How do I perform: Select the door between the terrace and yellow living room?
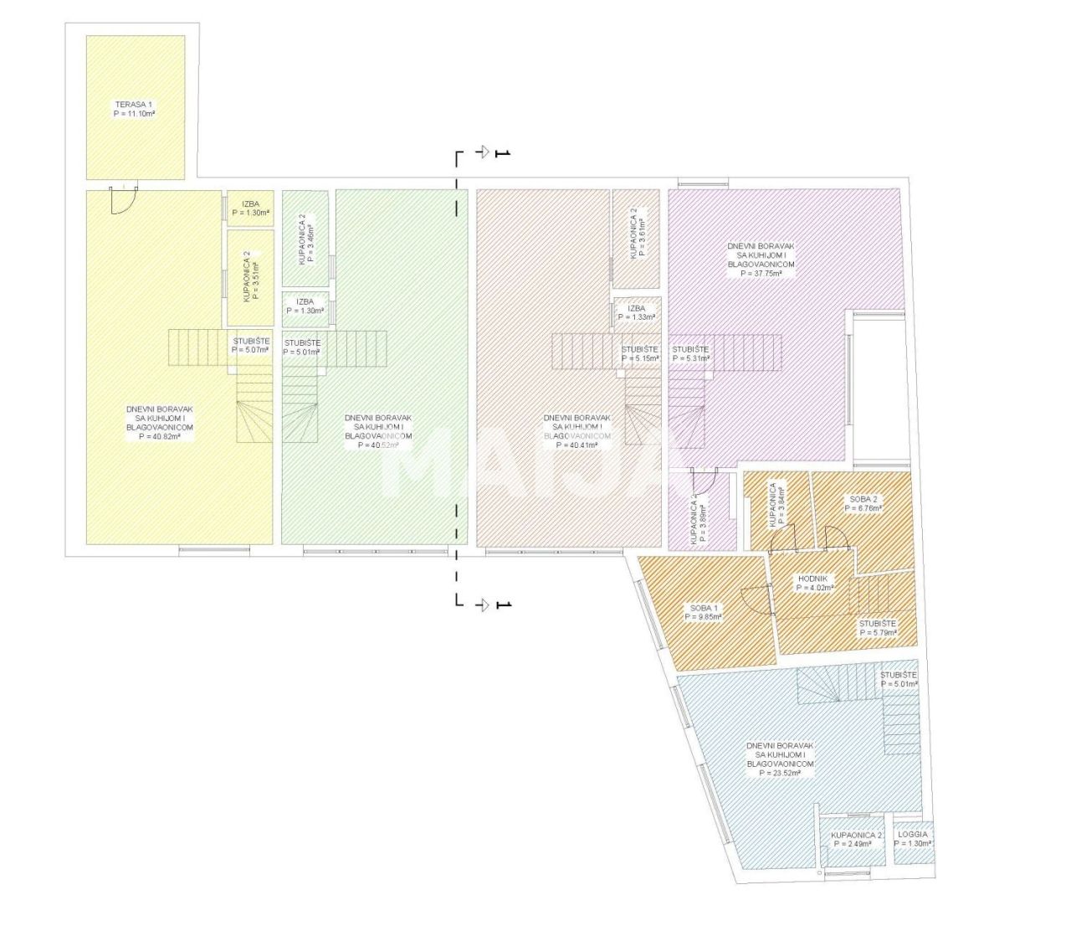[x=124, y=199]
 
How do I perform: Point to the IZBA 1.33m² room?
[x=636, y=312]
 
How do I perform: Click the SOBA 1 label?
[x=704, y=608]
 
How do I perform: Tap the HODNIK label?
[x=812, y=579]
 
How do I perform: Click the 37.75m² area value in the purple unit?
[x=761, y=273]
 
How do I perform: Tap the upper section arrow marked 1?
[x=484, y=152]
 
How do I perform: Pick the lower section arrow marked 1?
[x=484, y=604]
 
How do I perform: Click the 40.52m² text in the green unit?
[x=378, y=445]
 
